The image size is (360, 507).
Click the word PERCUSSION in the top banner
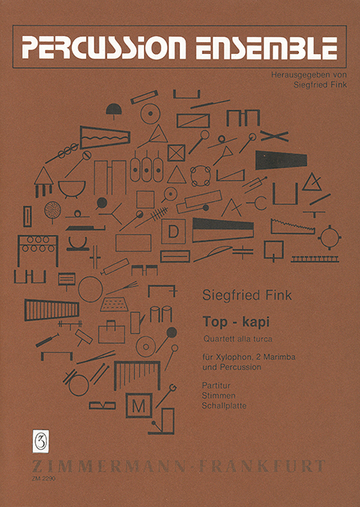[x=104, y=48]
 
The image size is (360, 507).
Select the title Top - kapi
[x=236, y=322]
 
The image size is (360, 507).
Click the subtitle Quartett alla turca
[x=238, y=339]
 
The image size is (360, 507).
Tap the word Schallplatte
[x=224, y=405]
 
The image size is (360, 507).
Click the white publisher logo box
[x=41, y=441]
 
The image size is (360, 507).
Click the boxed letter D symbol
[x=174, y=231]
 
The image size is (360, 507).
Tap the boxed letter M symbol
[x=139, y=405]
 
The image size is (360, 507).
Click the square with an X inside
[x=176, y=153]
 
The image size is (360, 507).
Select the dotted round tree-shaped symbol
[x=52, y=210]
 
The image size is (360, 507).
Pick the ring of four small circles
[x=200, y=176]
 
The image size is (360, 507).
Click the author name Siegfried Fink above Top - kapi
[x=247, y=296]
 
